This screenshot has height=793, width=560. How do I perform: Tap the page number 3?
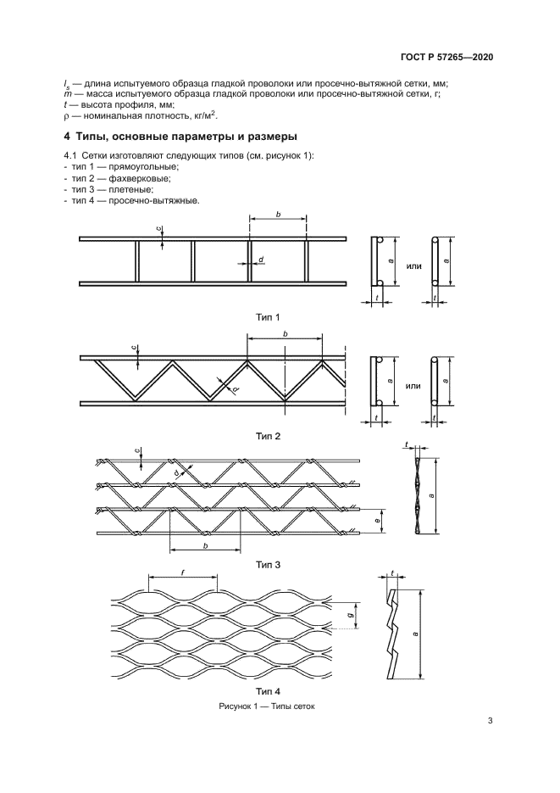(x=491, y=722)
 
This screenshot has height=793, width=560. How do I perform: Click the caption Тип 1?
(x=268, y=316)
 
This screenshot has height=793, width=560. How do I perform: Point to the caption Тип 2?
(x=268, y=436)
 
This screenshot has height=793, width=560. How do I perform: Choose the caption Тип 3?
(x=268, y=563)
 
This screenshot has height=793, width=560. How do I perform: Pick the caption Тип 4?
(x=268, y=691)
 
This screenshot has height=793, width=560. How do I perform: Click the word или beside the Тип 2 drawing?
(x=413, y=386)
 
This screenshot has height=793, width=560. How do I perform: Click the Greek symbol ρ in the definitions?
(x=66, y=115)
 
